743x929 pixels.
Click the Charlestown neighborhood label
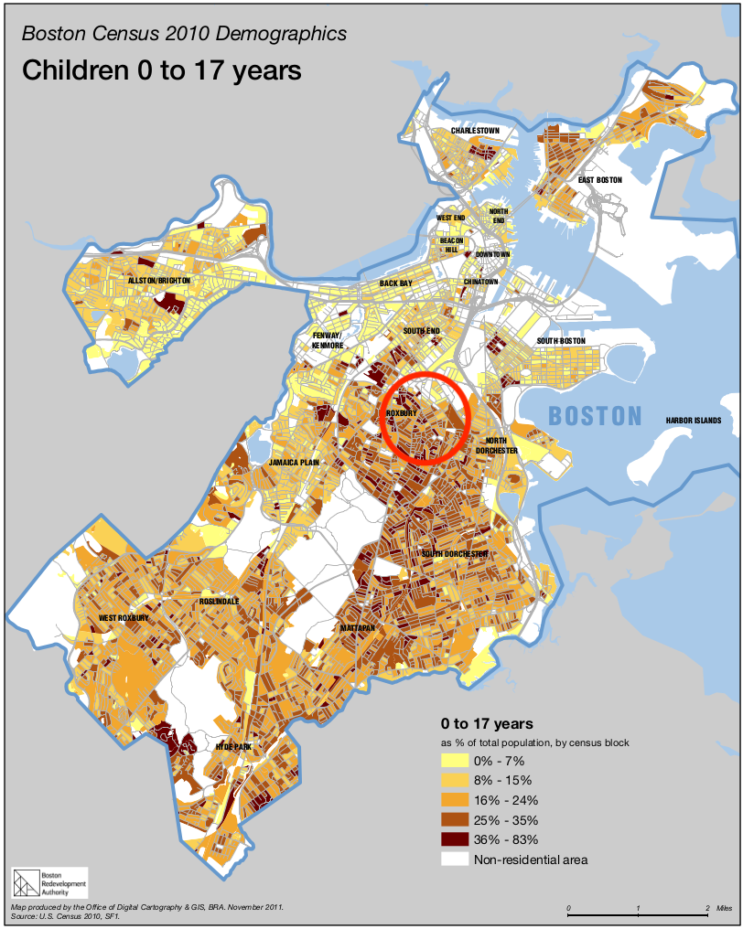475,131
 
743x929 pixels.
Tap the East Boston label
599,180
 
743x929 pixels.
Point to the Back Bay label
396,283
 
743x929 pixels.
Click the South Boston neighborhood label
561,341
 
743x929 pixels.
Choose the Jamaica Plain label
295,463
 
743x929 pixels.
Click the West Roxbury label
124,619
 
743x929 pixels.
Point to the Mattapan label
357,629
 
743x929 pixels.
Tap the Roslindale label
220,601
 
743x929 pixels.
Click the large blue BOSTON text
595,416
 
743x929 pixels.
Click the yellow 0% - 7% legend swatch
454,760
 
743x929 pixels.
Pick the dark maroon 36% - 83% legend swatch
454,839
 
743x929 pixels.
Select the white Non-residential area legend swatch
454,860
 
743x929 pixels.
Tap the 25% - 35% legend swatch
454,819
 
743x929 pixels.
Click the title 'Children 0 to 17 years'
161,69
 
